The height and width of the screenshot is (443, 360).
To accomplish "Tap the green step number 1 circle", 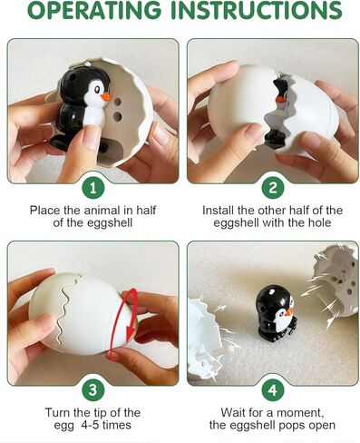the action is click(93, 188).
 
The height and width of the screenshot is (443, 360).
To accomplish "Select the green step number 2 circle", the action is click(273, 188).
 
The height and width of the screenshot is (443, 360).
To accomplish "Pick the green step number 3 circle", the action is click(93, 389).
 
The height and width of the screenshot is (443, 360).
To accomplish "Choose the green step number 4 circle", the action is click(273, 389).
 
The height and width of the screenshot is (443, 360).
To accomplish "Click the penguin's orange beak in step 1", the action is click(105, 97).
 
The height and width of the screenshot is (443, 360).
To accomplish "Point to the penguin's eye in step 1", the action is click(97, 89).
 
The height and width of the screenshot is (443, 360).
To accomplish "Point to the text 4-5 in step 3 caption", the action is click(90, 425).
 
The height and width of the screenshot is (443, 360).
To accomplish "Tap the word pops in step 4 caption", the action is click(290, 426).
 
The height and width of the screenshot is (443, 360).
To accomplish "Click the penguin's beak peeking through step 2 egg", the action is click(280, 99).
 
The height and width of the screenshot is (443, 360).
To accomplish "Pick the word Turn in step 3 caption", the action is click(58, 412).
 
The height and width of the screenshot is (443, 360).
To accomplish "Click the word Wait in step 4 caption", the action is click(232, 412).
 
